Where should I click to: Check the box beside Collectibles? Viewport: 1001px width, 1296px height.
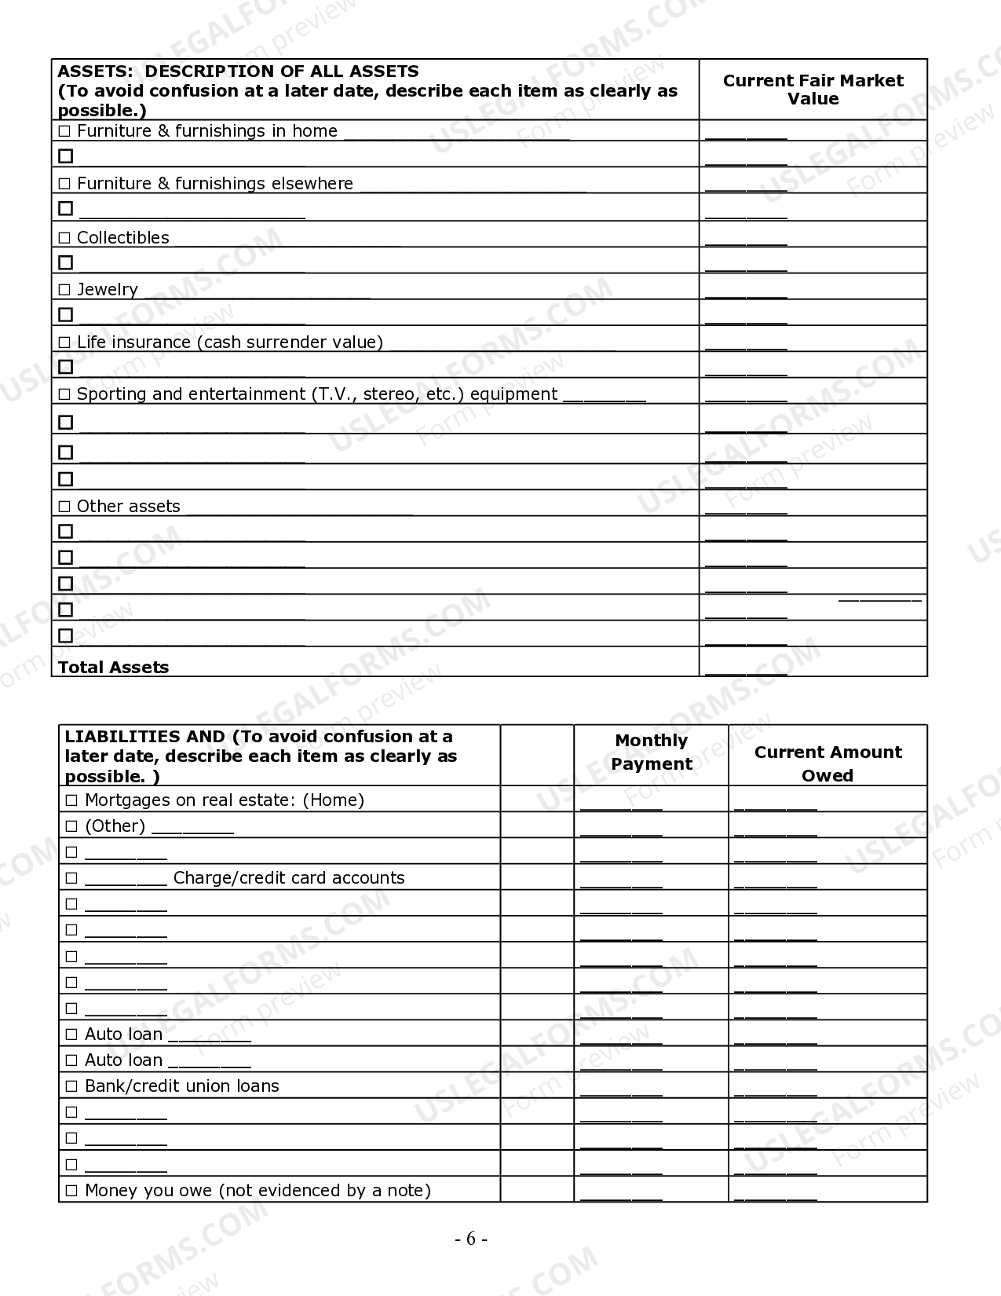coord(64,238)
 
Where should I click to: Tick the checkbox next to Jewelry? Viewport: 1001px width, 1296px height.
coord(64,290)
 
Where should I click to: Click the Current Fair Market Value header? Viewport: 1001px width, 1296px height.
coord(813,90)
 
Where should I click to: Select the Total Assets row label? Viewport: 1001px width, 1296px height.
coord(114,667)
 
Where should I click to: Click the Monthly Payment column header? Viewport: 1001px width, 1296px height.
coord(651,752)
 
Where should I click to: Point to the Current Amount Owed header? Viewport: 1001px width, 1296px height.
coord(827,763)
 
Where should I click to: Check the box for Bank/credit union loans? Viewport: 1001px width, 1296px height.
coord(71,1086)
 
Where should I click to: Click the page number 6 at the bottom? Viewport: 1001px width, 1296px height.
coord(471,1239)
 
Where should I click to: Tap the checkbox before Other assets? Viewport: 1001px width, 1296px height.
coord(64,507)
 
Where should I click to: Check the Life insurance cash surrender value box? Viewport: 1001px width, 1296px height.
coord(64,342)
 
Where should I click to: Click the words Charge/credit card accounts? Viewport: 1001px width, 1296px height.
coord(289,877)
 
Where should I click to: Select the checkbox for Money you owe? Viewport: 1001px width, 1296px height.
coord(71,1191)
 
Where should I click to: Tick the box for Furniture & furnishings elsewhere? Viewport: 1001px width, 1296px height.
coord(64,184)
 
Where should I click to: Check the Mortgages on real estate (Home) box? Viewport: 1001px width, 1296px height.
coord(71,800)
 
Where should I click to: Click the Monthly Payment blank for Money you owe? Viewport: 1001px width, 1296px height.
coord(621,1195)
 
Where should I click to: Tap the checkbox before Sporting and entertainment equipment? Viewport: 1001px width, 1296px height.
coord(64,394)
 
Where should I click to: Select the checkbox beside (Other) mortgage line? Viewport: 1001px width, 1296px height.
coord(71,826)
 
